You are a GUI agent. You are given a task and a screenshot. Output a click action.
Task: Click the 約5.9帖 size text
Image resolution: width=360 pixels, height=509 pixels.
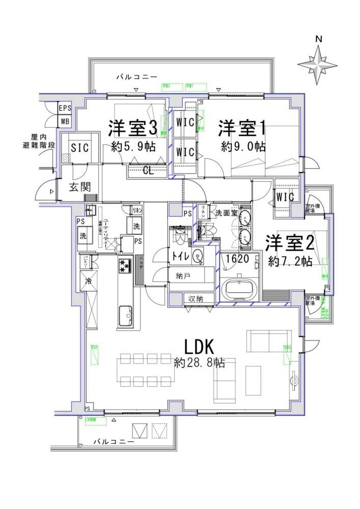point(133,147)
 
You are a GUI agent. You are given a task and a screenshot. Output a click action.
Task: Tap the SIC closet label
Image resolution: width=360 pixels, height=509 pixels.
point(80,148)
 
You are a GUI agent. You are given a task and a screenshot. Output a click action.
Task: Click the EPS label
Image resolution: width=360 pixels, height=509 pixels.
point(65,108)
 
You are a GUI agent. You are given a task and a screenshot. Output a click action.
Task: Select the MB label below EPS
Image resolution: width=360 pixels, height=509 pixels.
point(65,121)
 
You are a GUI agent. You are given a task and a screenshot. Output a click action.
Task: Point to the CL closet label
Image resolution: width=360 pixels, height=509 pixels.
point(148,169)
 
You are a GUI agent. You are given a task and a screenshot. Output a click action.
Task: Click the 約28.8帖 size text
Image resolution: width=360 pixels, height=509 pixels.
point(198,363)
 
